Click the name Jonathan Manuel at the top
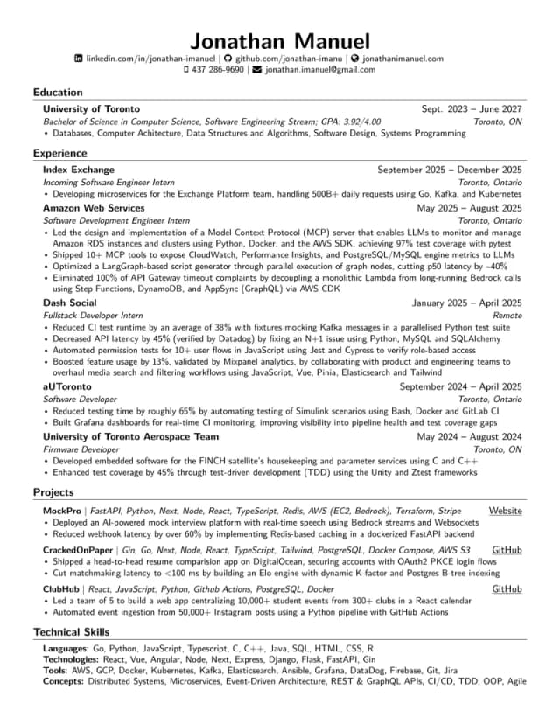coord(280,40)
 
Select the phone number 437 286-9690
coord(219,70)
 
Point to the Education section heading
coord(58,92)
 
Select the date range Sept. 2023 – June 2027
coord(472,109)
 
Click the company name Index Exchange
coord(79,170)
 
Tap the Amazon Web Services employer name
coord(94,209)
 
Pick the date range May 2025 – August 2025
coord(469,209)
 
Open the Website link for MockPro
coord(505,511)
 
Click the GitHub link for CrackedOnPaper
coord(507,550)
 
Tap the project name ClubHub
coord(62,590)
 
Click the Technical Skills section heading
coord(72,632)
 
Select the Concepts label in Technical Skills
coord(64,680)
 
